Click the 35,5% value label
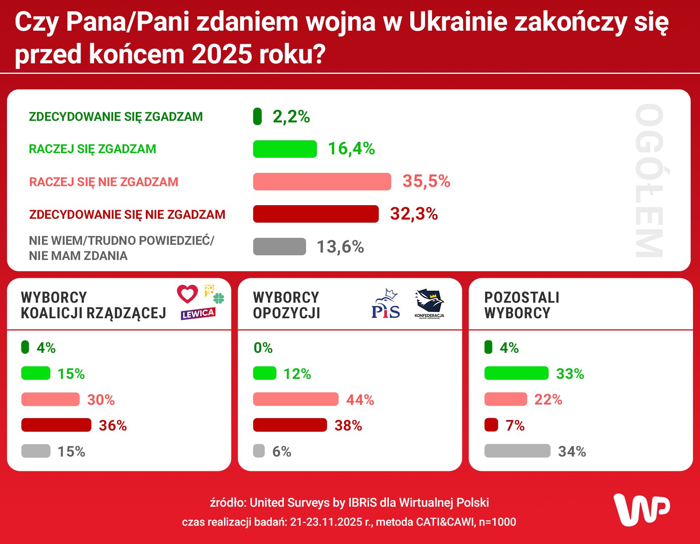[x=426, y=181]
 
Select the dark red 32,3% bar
[x=315, y=214]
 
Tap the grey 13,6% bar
[x=279, y=247]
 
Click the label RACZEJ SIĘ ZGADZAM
[x=93, y=149]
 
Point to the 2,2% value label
[x=291, y=117]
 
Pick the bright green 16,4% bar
[x=285, y=149]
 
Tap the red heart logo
[x=187, y=294]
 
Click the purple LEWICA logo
[x=198, y=314]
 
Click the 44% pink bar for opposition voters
[x=296, y=399]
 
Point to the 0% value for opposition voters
[x=263, y=348]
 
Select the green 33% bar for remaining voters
[x=516, y=373]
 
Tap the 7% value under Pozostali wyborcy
[x=515, y=425]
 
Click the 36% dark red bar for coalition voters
[x=56, y=425]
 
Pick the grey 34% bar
[x=517, y=451]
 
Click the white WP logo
[x=641, y=509]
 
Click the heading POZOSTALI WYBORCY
[x=521, y=305]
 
